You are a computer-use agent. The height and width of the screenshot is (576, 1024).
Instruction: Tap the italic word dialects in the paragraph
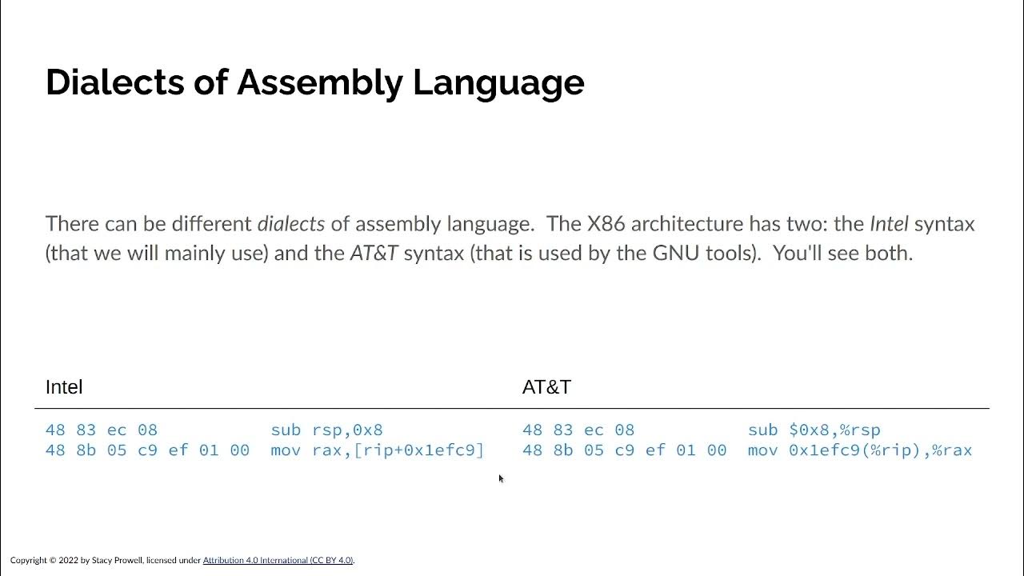(x=290, y=224)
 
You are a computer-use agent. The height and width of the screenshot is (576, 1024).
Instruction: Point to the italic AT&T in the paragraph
(x=374, y=254)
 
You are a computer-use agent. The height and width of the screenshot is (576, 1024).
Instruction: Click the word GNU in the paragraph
(x=675, y=254)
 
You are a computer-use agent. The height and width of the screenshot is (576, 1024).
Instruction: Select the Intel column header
(x=64, y=387)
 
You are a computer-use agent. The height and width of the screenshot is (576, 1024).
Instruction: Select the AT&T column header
(x=546, y=387)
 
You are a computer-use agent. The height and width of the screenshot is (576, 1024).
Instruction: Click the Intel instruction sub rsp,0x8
(x=326, y=430)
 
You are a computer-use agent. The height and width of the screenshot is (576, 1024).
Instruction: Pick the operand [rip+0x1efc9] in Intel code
(x=418, y=450)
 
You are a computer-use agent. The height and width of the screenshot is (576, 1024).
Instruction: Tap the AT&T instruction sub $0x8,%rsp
(x=814, y=430)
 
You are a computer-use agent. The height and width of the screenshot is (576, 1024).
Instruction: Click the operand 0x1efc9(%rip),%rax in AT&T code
(x=880, y=450)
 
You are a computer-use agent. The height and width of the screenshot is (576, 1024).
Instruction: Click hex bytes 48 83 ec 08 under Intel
(x=102, y=430)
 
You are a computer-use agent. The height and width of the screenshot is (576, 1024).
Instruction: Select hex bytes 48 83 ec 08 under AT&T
(x=578, y=430)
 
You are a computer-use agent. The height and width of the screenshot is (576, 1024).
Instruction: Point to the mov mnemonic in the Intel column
(x=286, y=450)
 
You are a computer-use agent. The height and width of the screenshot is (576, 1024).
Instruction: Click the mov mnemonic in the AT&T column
(x=762, y=450)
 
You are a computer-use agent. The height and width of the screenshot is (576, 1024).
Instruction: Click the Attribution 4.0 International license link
(x=278, y=561)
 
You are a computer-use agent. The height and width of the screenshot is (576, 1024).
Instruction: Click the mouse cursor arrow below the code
(x=501, y=478)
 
